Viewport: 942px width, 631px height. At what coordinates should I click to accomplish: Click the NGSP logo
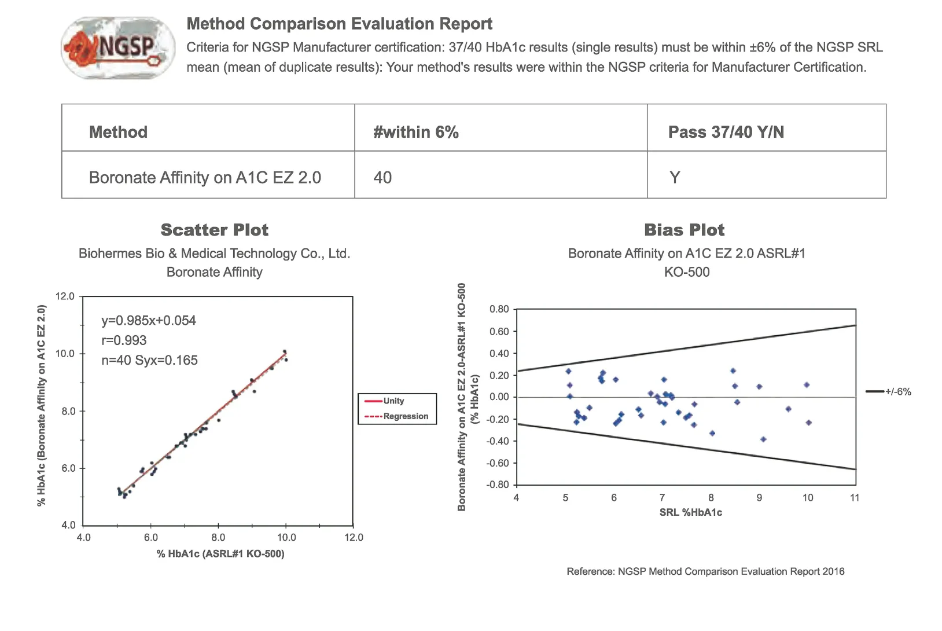pyautogui.click(x=118, y=48)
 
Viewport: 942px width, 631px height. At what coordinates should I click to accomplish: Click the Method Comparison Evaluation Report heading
pyautogui.click(x=339, y=24)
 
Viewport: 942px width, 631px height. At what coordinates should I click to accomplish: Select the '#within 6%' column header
pyautogui.click(x=415, y=132)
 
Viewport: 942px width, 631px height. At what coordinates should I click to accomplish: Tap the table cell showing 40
pyautogui.click(x=382, y=177)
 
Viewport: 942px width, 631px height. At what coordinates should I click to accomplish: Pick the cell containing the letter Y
pyautogui.click(x=674, y=177)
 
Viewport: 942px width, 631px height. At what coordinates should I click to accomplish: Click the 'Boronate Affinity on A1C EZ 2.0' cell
pyautogui.click(x=205, y=177)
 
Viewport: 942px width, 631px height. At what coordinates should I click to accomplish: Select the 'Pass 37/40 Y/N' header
pyautogui.click(x=726, y=132)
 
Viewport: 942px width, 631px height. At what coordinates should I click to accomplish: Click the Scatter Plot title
pyautogui.click(x=214, y=230)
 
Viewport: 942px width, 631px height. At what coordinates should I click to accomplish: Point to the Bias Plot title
pyautogui.click(x=684, y=230)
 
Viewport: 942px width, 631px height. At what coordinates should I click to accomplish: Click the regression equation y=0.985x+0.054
pyautogui.click(x=149, y=321)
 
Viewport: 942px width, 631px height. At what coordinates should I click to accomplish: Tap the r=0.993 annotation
pyautogui.click(x=124, y=340)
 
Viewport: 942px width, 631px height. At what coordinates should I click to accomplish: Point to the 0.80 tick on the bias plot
pyautogui.click(x=499, y=309)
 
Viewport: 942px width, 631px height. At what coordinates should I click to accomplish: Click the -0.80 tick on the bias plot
pyautogui.click(x=498, y=485)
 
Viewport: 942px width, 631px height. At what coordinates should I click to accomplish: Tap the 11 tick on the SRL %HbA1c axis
pyautogui.click(x=855, y=498)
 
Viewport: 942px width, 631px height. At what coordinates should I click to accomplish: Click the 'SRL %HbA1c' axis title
pyautogui.click(x=690, y=512)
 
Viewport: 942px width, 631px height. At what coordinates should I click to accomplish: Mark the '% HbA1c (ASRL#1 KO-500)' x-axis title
pyautogui.click(x=220, y=554)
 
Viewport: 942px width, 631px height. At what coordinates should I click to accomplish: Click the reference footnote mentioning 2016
pyautogui.click(x=705, y=571)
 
